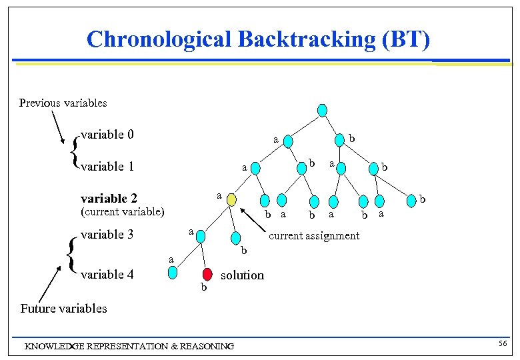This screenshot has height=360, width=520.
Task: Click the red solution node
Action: (207, 274)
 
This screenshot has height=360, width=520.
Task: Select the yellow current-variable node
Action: (231, 200)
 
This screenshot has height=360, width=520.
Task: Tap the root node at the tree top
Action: (322, 110)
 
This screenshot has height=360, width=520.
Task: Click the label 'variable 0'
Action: (107, 135)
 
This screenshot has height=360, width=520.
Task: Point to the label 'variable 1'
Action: (107, 167)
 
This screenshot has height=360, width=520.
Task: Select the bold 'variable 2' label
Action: (109, 199)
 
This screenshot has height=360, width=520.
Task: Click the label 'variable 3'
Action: (107, 235)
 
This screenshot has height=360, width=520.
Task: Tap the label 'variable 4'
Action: (107, 274)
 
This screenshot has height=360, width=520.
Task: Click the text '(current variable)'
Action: (122, 213)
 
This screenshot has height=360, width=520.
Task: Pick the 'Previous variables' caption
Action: (63, 103)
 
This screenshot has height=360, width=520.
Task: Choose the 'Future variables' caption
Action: (63, 308)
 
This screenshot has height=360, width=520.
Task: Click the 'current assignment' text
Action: (313, 235)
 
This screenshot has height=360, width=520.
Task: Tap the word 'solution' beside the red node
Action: (242, 275)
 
